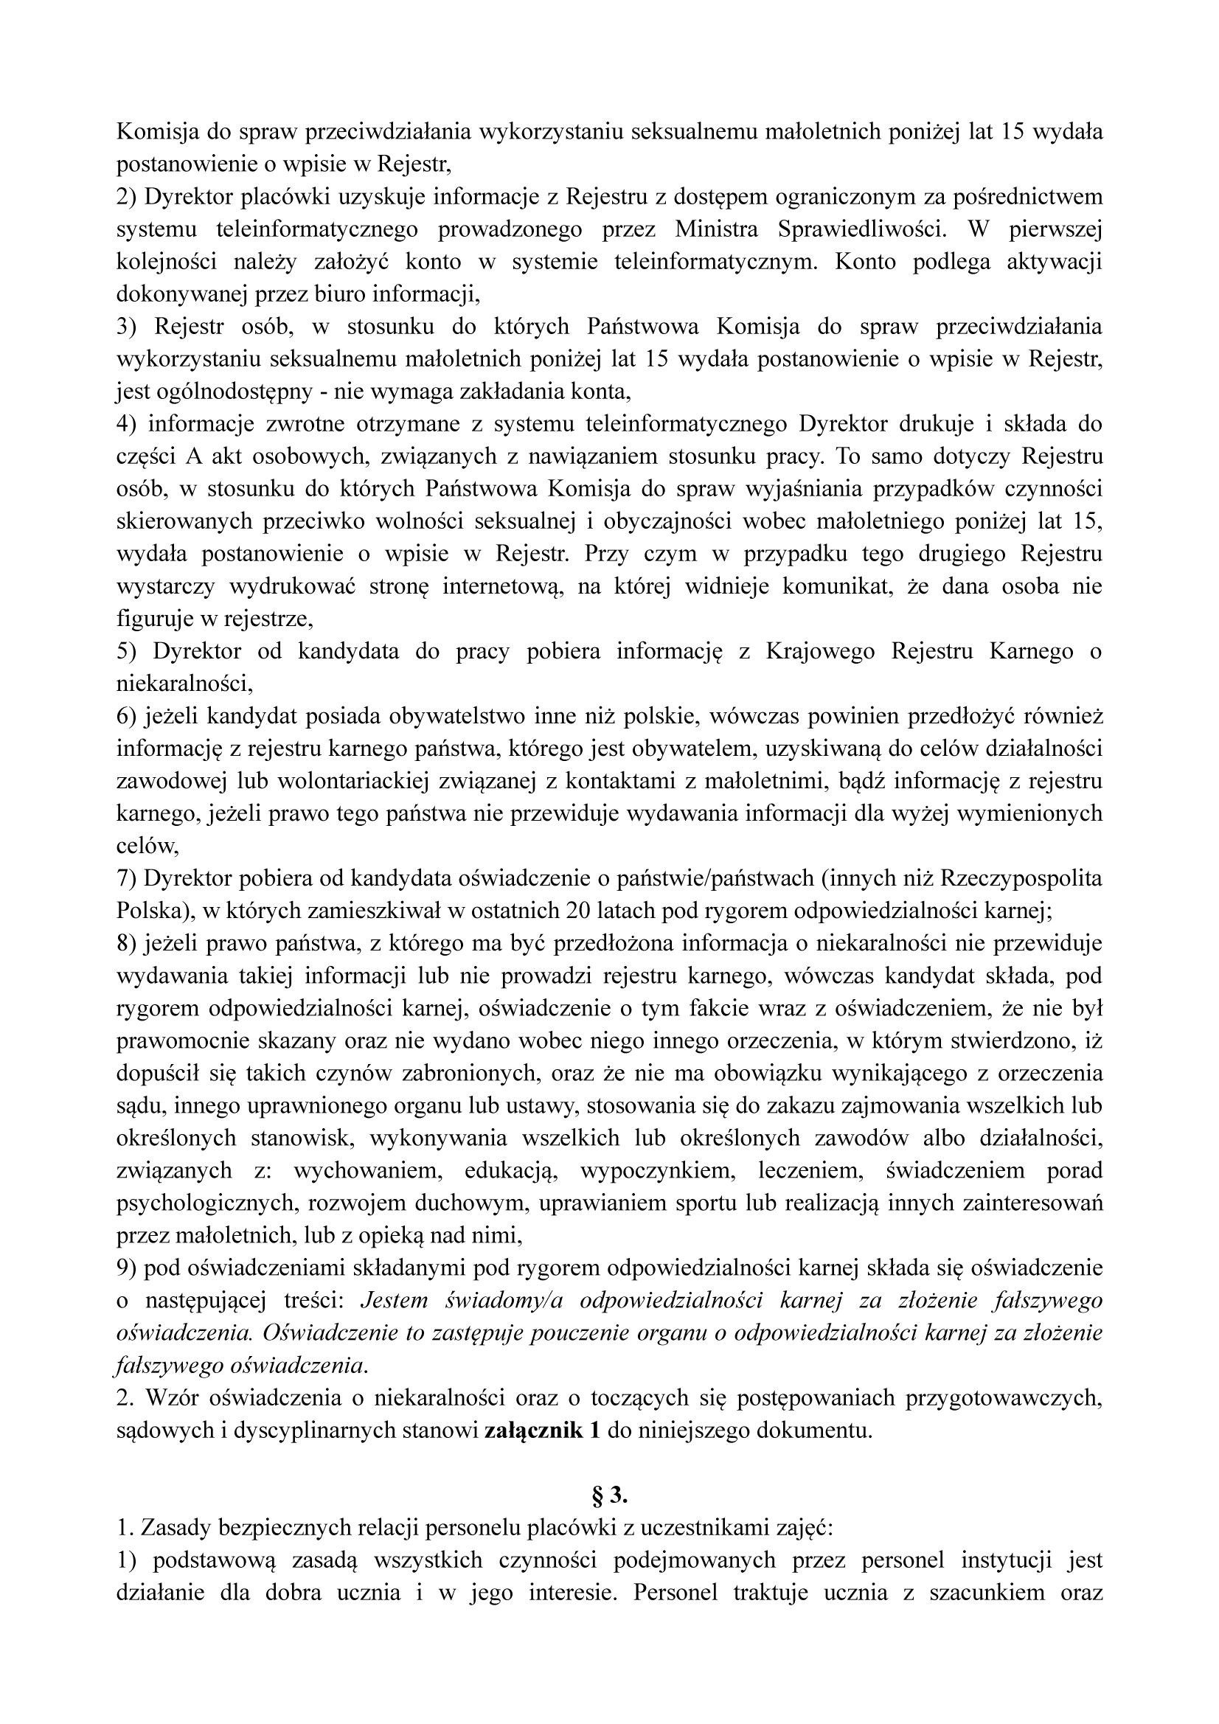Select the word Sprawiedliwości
tap(863, 229)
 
